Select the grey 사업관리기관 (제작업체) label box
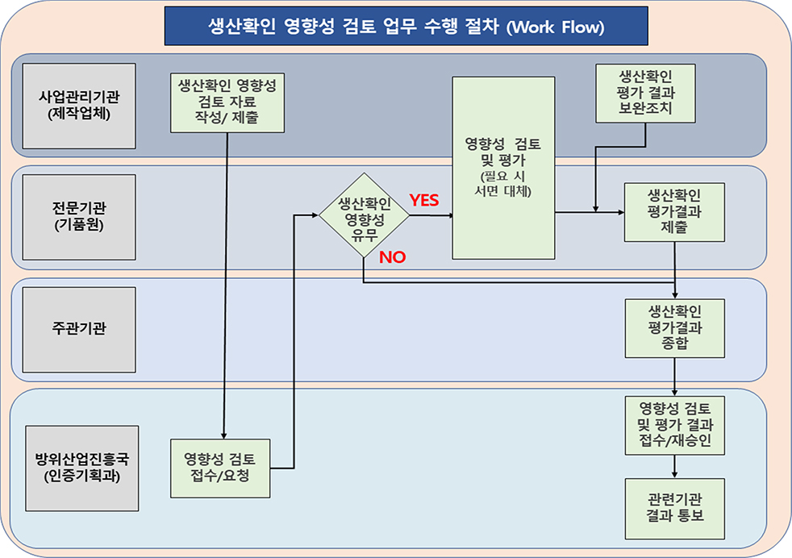coord(79,106)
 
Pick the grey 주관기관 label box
coord(79,329)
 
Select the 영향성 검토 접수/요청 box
coord(219,468)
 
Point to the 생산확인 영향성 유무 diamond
coord(363,215)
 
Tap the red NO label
coord(392,257)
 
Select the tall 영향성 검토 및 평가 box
coord(503,168)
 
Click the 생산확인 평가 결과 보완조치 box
coord(645,94)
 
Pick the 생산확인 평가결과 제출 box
coord(674,212)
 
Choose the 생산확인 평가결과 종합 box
coord(674,329)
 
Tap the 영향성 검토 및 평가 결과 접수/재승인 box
coord(674,423)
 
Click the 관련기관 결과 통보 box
coord(674,509)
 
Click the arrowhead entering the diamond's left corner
coord(314,215)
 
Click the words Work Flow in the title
coord(556,27)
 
